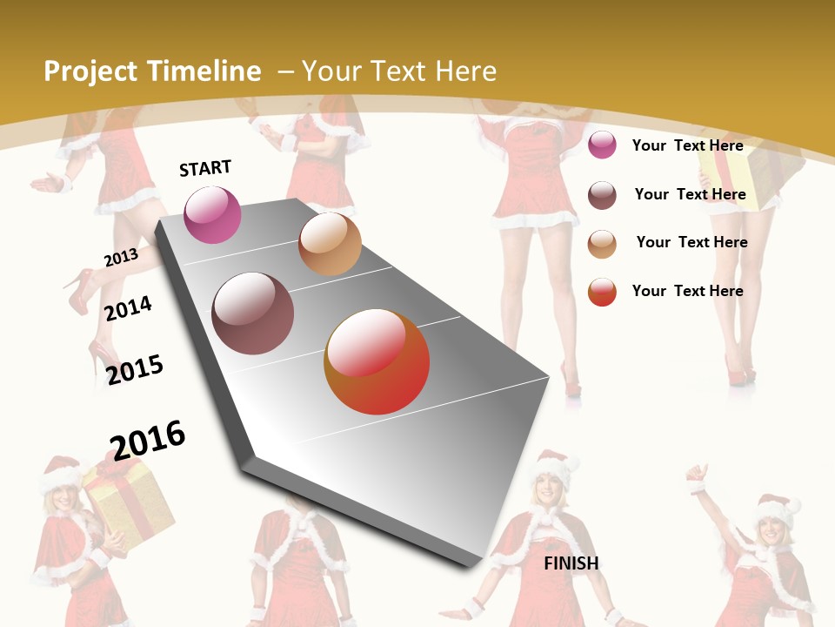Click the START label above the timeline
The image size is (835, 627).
coord(205,168)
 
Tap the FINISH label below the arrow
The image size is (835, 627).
coord(571,563)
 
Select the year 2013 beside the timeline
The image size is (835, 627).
coord(121,258)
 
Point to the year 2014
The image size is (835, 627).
coord(128,308)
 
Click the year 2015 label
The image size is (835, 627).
coord(135,369)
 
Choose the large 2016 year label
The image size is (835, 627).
coord(148,440)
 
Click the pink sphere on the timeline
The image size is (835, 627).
coord(213,215)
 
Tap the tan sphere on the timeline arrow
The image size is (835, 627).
coord(330,244)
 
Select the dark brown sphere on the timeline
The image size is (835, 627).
coord(252,313)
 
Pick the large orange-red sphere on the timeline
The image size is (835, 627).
coord(377,361)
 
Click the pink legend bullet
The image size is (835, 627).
coord(602,145)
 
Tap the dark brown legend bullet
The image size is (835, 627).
coord(602,195)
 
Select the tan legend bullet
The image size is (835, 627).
coord(602,244)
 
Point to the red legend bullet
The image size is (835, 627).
coord(602,292)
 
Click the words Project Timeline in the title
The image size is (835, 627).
coord(152,71)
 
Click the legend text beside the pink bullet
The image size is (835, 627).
coord(687,145)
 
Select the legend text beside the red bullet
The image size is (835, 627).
coord(687,291)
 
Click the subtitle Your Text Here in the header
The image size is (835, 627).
coord(399,71)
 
